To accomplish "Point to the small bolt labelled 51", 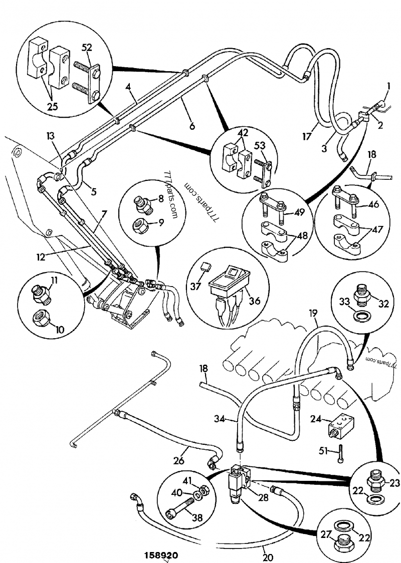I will pyautogui.click(x=340, y=451).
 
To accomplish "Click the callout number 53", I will pyautogui.click(x=260, y=146).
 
